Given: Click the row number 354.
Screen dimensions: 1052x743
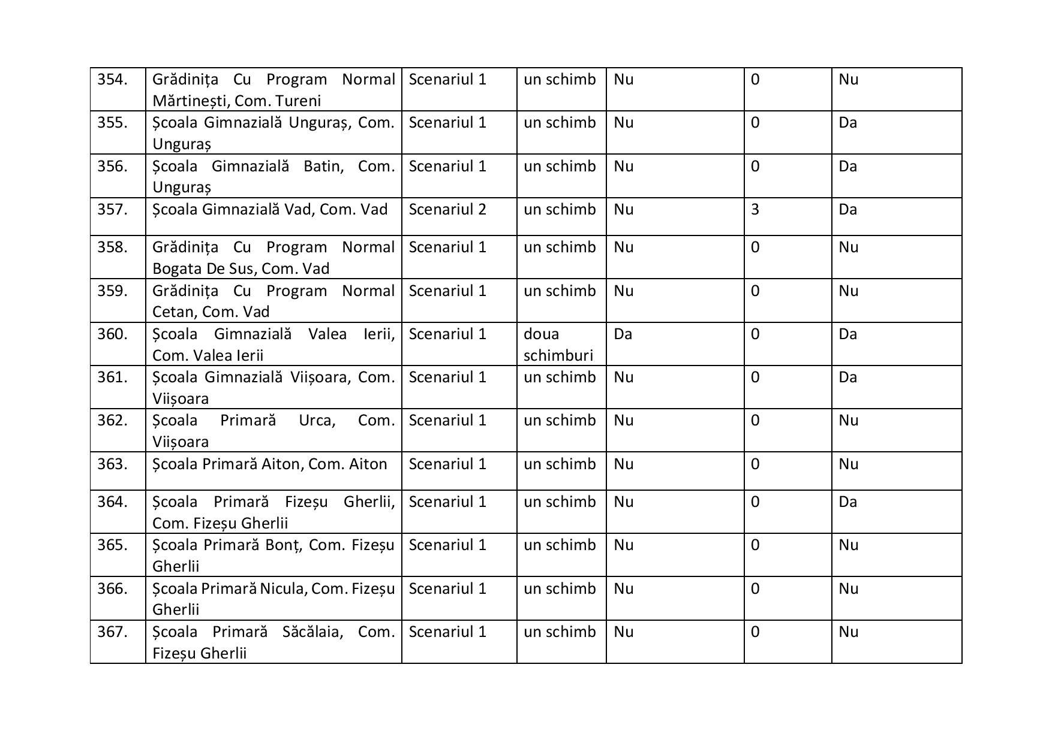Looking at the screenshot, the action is pyautogui.click(x=112, y=80).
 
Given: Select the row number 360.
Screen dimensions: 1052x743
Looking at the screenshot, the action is pyautogui.click(x=112, y=334).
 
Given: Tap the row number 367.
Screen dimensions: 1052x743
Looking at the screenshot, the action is pyautogui.click(x=112, y=632).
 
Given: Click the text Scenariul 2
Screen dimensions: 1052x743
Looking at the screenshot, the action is pyautogui.click(x=447, y=210).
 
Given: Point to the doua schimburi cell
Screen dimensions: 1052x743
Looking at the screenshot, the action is pyautogui.click(x=558, y=345).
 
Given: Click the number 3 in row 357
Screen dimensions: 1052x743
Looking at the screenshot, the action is pyautogui.click(x=755, y=210).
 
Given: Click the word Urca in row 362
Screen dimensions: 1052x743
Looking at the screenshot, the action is pyautogui.click(x=315, y=421).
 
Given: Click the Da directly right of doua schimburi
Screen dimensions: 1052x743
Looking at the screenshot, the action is pyautogui.click(x=623, y=334).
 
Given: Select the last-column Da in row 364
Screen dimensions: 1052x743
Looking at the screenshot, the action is pyautogui.click(x=847, y=502).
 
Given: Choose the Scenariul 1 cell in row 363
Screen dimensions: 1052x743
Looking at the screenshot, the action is pyautogui.click(x=447, y=464).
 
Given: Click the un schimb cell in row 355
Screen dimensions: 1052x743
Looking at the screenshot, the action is pyautogui.click(x=560, y=123).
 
